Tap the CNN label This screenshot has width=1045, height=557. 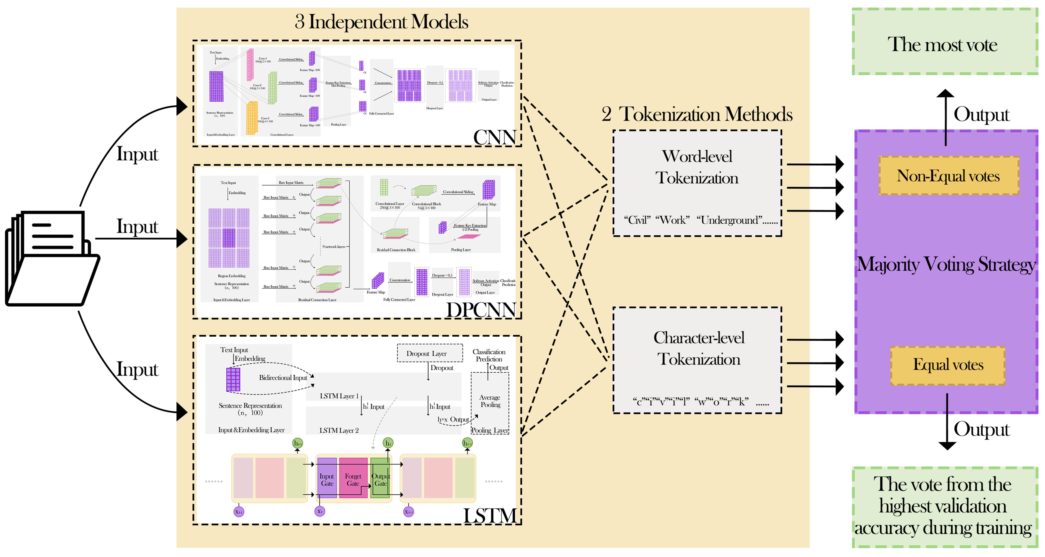[494, 137]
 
